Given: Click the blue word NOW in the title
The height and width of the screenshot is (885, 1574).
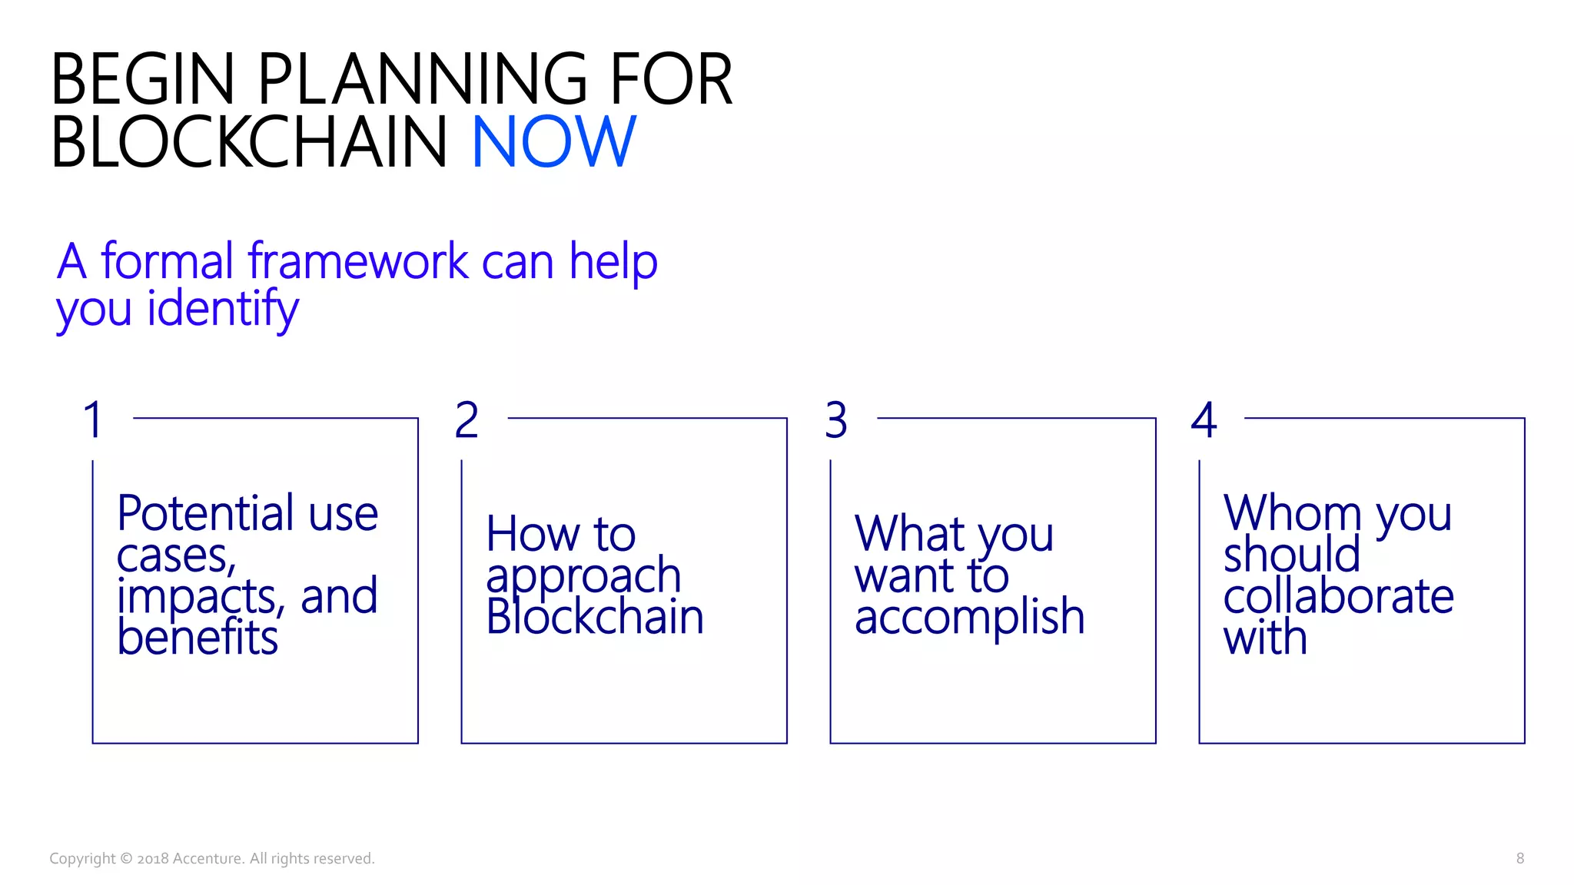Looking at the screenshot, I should [553, 142].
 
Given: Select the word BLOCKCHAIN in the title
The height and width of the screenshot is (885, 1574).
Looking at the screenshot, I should [249, 142].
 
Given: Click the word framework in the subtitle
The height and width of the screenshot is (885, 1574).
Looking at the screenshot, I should [357, 261].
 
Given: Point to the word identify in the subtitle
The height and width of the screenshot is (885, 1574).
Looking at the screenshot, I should [223, 309].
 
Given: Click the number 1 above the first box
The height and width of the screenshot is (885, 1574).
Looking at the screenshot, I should [93, 420].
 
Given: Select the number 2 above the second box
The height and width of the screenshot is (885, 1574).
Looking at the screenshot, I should [467, 420].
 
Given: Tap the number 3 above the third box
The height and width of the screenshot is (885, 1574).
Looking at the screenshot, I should [836, 420].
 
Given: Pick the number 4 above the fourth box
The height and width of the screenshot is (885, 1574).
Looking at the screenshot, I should [1204, 420].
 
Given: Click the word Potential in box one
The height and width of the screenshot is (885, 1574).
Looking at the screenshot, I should [205, 513].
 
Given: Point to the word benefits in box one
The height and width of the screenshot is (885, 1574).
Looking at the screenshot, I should [198, 638].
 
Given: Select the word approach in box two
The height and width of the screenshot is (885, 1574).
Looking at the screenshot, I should [583, 576].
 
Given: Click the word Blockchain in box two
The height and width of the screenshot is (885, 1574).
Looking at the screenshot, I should [595, 617].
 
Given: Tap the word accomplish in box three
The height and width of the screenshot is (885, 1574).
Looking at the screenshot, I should [969, 617].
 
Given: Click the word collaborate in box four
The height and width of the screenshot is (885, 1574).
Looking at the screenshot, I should [1338, 597].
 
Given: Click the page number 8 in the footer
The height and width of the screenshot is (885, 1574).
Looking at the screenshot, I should [1519, 859].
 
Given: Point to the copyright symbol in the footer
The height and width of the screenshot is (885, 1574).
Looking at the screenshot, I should [127, 859].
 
